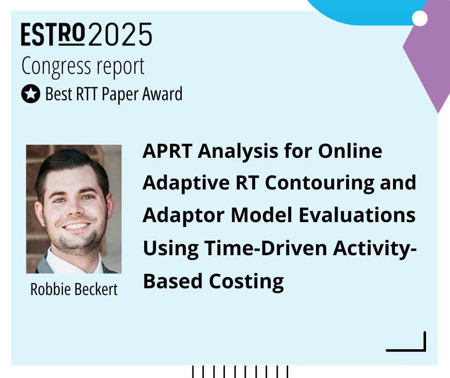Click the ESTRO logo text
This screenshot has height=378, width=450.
click(x=53, y=35)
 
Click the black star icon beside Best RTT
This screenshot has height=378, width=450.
click(x=31, y=94)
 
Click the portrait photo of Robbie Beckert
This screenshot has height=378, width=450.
click(x=74, y=209)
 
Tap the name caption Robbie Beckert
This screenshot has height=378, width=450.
click(x=74, y=289)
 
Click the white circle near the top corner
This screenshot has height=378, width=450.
click(x=420, y=19)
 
